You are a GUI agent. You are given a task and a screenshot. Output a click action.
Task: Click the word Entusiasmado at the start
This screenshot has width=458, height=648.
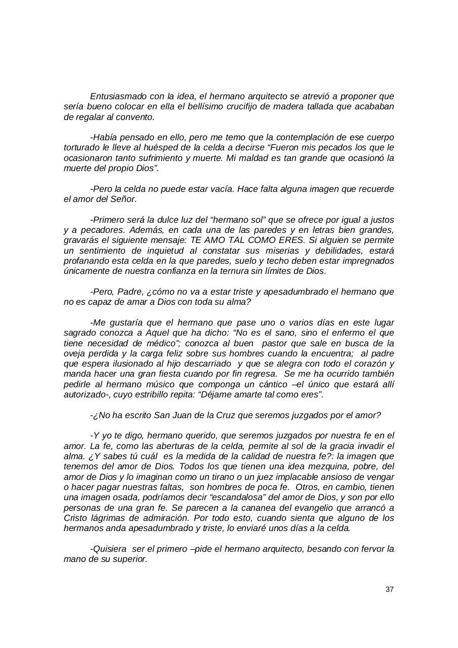[x=116, y=96]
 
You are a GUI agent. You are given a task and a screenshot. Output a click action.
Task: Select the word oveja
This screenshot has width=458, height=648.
[x=74, y=354]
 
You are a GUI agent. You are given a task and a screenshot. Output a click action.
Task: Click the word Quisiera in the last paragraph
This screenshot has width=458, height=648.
[x=108, y=549]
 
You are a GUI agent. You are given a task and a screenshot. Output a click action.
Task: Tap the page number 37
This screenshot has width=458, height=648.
[x=389, y=589]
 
